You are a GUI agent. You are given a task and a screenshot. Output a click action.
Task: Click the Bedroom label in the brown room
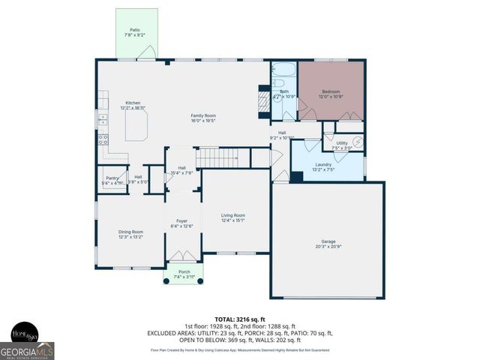[331, 94]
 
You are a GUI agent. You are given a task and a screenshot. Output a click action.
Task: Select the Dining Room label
[130, 233]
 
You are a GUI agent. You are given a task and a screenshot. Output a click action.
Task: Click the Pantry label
[110, 178]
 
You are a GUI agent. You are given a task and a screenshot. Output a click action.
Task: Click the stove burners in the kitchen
[103, 139]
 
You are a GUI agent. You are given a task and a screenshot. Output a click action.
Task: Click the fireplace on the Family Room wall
[262, 100]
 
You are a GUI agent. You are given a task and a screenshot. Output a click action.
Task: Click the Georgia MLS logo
[27, 351]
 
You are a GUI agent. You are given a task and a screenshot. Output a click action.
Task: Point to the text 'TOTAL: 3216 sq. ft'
[240, 319]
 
